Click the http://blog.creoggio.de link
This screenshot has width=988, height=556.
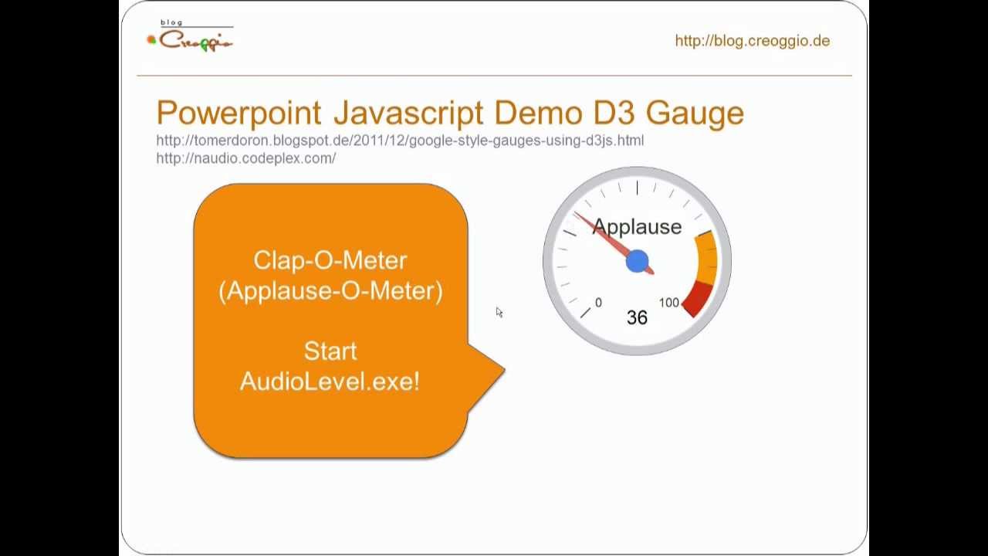pos(752,41)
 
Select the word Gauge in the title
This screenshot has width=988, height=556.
pos(695,113)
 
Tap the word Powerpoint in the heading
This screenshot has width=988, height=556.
pos(238,113)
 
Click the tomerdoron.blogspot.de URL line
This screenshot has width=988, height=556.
pos(400,141)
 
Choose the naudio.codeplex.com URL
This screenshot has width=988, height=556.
pos(245,158)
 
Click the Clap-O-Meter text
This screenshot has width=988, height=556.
pos(330,260)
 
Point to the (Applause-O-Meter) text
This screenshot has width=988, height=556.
pos(330,291)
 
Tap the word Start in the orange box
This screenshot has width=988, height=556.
pos(330,351)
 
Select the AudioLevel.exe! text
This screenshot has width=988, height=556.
pos(330,381)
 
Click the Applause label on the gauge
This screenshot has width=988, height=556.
pos(637,227)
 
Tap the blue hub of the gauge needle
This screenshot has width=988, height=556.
pos(637,261)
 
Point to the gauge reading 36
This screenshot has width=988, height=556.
pos(637,317)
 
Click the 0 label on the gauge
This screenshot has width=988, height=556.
pos(598,303)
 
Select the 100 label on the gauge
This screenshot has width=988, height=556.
pos(669,303)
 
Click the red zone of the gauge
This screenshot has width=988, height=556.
pos(696,297)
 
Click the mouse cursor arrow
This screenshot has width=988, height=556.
pos(499,311)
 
